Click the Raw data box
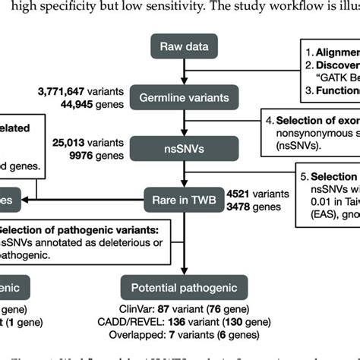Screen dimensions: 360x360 179,47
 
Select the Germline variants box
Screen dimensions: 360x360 179,96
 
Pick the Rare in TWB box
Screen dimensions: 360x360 179,201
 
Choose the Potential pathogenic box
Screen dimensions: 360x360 179,288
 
